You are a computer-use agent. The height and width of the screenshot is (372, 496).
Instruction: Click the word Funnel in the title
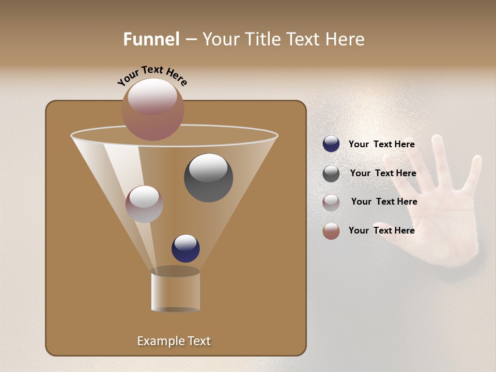[x=151, y=39]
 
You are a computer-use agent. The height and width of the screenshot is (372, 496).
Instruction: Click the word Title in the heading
[x=263, y=39]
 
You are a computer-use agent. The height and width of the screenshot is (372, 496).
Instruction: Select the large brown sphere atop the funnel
[x=152, y=109]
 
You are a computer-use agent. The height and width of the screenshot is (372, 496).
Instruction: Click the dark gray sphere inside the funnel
[x=208, y=177]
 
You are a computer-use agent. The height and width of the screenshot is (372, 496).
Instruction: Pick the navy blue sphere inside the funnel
[x=185, y=248]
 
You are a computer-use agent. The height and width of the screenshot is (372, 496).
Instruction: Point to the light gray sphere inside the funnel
[x=144, y=204]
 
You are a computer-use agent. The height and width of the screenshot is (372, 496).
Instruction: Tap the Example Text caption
[x=174, y=341]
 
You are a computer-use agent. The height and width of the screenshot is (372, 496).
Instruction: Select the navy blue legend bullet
[x=331, y=144]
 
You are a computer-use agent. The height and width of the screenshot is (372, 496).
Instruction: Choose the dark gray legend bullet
[x=331, y=174]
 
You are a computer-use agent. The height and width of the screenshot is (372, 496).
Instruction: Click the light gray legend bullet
[x=331, y=203]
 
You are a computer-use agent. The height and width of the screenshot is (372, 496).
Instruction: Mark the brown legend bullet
[x=331, y=231]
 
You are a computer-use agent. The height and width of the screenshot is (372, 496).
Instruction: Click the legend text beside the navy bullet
[x=381, y=144]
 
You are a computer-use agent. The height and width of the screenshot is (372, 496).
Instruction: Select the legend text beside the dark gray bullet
[x=383, y=173]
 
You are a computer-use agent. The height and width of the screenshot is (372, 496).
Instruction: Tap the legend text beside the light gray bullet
[x=384, y=202]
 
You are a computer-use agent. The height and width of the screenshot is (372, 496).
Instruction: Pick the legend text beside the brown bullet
[x=381, y=230]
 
